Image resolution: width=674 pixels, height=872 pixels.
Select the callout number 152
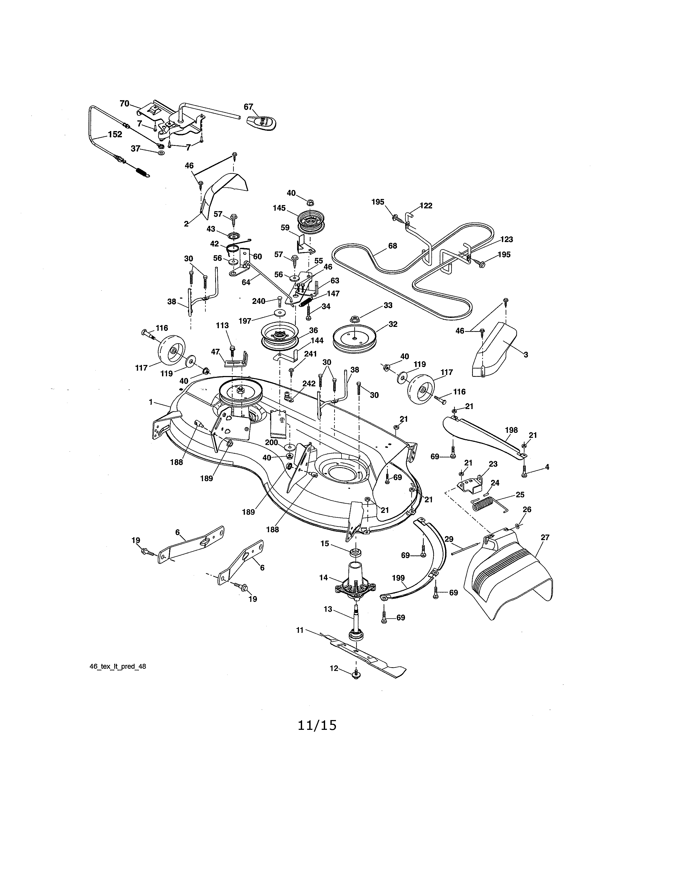(x=115, y=134)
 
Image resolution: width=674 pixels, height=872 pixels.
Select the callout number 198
(x=511, y=430)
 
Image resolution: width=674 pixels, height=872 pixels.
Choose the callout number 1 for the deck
(x=151, y=402)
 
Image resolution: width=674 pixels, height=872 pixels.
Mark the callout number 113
(x=222, y=325)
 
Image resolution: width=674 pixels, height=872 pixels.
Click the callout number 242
(x=309, y=383)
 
